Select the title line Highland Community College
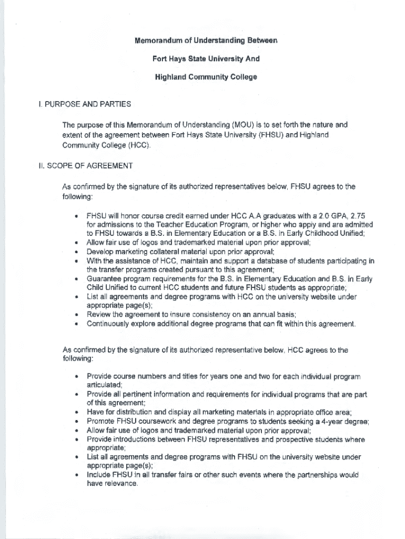pyautogui.click(x=206, y=77)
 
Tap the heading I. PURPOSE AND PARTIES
pyautogui.click(x=84, y=104)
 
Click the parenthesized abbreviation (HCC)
pyautogui.click(x=139, y=145)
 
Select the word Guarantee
pyautogui.click(x=105, y=279)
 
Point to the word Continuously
pyautogui.click(x=110, y=324)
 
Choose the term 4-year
pyautogui.click(x=319, y=422)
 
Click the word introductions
pyautogui.click(x=136, y=440)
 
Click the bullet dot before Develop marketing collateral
pyautogui.click(x=77, y=252)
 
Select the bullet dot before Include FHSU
pyautogui.click(x=77, y=475)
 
